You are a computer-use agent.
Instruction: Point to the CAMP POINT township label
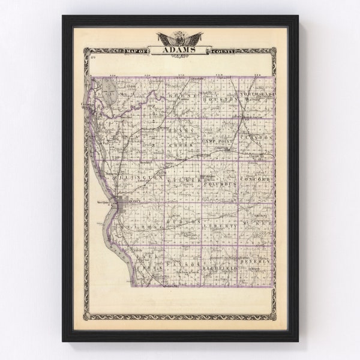[217, 140]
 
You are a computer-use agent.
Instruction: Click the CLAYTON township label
[256, 137]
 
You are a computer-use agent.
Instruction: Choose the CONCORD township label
[256, 179]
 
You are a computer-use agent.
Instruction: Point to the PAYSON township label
[180, 264]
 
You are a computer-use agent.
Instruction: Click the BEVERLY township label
[256, 262]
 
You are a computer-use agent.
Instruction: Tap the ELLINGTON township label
[143, 178]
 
